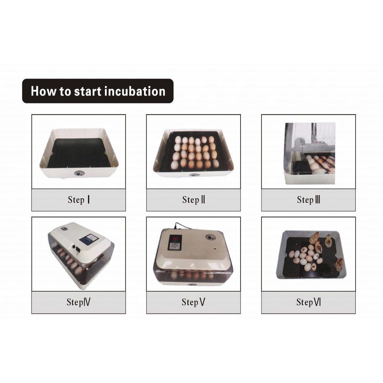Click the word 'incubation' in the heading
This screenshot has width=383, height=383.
point(135,92)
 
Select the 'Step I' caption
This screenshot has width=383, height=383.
point(79,200)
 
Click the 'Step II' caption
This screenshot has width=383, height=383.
point(193,200)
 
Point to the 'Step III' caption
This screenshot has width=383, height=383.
point(308,200)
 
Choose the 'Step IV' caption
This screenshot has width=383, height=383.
point(79,302)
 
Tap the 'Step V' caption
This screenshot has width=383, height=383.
point(193,302)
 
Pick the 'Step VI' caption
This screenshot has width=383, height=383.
point(308,302)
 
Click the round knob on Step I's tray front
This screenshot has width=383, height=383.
point(79,173)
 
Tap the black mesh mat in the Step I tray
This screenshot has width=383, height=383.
point(79,153)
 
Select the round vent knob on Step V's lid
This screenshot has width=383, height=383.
point(210,237)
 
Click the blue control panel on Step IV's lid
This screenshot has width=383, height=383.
point(89,239)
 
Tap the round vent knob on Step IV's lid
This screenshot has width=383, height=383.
point(64,229)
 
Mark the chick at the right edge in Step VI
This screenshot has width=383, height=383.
point(339,265)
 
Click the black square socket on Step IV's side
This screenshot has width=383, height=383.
point(78,249)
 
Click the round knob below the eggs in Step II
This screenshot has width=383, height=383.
point(194,175)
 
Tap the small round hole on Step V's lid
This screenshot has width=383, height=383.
point(215,249)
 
